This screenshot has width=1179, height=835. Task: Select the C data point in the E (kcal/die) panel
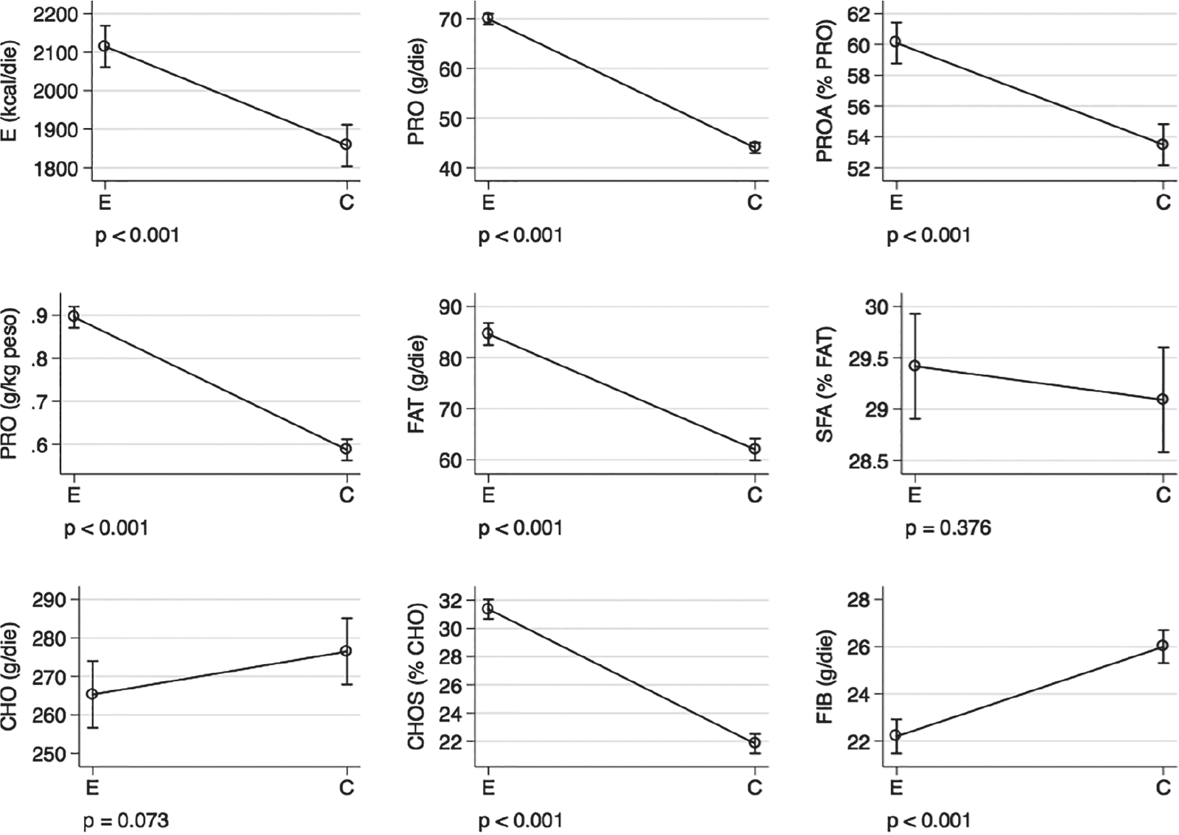click(345, 144)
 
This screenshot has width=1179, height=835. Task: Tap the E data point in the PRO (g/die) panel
click(488, 18)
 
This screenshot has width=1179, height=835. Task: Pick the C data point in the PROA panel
click(1162, 144)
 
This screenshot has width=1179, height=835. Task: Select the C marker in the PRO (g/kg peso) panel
click(345, 448)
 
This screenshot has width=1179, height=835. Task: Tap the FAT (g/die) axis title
click(417, 384)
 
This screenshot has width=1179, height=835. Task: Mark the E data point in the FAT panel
click(488, 334)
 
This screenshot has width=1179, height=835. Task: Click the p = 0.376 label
click(948, 528)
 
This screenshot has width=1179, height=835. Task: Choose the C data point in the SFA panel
click(1162, 399)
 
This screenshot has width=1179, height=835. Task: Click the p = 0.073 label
click(126, 820)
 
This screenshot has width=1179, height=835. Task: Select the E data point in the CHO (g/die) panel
click(92, 694)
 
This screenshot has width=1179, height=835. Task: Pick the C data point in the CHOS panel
click(754, 742)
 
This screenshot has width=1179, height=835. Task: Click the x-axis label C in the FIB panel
click(1163, 788)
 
